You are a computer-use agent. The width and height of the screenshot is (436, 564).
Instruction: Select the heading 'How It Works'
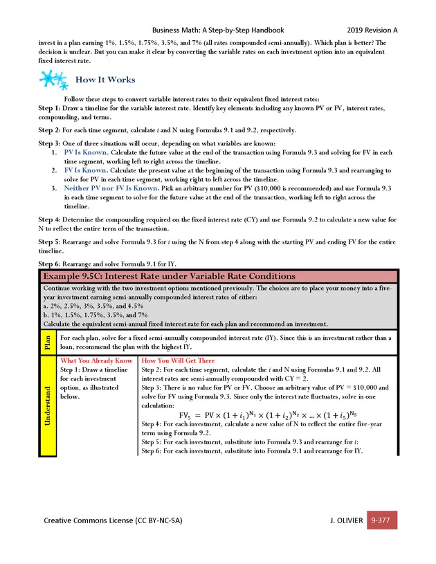[x=105, y=80]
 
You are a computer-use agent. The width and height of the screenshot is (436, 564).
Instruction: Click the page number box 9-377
[x=382, y=519]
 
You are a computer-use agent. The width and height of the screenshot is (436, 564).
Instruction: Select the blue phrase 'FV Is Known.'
[x=84, y=170]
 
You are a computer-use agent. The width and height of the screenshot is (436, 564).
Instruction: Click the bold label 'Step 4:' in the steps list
[x=49, y=219]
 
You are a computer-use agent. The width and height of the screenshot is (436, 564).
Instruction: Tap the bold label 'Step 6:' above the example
[x=49, y=264]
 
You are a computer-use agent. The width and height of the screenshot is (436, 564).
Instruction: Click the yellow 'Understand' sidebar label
[x=47, y=406]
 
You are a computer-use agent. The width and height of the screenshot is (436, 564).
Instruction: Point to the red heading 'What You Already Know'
[x=96, y=361]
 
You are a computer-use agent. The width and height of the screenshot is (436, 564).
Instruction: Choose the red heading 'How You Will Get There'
[x=178, y=361]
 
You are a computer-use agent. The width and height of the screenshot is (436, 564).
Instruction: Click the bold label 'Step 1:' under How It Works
[x=49, y=108]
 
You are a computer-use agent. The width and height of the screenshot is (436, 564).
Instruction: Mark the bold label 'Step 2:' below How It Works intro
[x=49, y=130]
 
